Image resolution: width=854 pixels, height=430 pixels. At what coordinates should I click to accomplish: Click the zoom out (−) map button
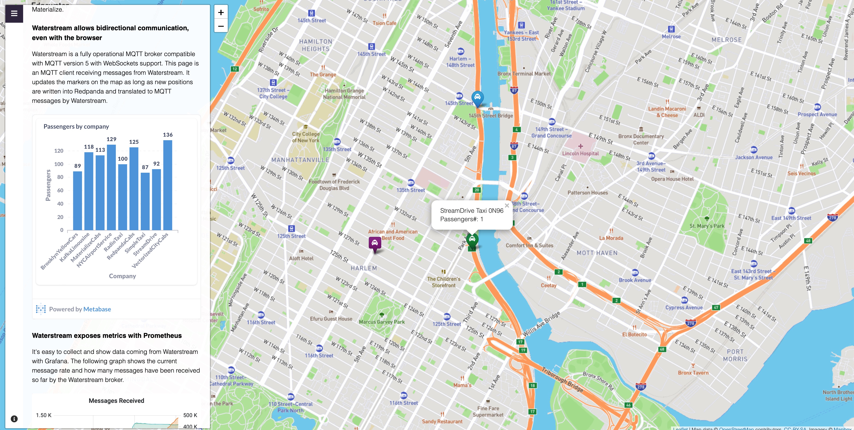(x=221, y=26)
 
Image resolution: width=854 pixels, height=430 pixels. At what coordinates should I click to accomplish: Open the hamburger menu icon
(x=14, y=13)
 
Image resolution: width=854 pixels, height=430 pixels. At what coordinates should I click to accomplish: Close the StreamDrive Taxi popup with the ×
(x=507, y=206)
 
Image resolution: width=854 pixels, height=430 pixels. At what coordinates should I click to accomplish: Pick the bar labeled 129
(x=111, y=187)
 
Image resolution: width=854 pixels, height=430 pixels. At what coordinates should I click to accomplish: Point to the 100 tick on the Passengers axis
(x=59, y=164)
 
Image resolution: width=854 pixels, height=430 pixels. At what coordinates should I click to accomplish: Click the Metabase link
(x=97, y=309)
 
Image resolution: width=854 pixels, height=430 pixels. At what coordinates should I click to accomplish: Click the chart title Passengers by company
(x=76, y=126)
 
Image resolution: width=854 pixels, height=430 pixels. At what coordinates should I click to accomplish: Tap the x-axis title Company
(x=122, y=276)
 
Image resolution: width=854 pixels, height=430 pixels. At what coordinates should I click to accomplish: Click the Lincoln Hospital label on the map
(x=580, y=153)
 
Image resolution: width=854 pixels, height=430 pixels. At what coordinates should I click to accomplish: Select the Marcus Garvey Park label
(x=382, y=322)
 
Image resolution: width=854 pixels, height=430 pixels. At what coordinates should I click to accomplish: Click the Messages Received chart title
(x=116, y=400)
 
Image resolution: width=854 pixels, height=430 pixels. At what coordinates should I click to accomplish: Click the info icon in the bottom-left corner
(x=14, y=419)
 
